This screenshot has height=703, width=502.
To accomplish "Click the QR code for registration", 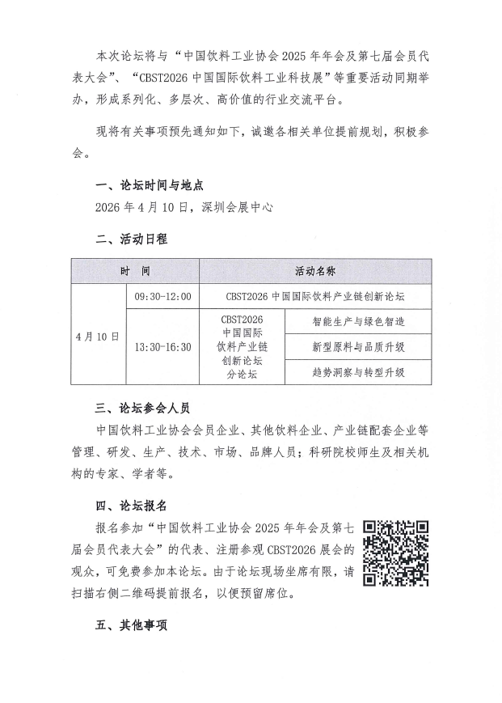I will click(x=396, y=553).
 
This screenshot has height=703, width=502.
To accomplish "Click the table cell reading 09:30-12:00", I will click(x=163, y=297).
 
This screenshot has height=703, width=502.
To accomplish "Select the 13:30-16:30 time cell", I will click(x=163, y=347).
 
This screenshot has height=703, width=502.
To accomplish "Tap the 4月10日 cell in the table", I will click(x=97, y=335).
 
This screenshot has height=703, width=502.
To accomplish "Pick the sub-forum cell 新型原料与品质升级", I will click(x=358, y=347).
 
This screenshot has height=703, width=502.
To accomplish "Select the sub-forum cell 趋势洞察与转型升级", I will click(x=358, y=372).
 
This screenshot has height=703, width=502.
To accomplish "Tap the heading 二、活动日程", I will click(x=132, y=239).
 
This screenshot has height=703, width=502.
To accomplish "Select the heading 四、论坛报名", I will click(x=132, y=506).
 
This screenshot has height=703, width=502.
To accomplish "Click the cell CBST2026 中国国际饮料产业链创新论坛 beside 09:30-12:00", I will click(x=315, y=297).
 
